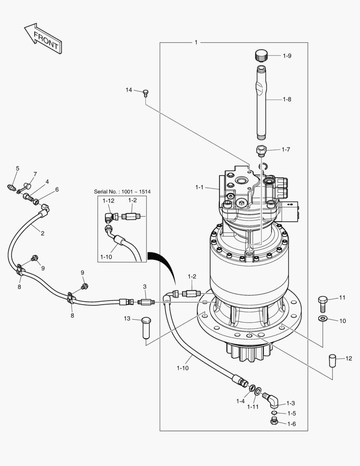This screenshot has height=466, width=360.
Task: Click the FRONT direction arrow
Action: coord(44,38)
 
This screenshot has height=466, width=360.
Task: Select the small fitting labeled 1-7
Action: coord(261,151)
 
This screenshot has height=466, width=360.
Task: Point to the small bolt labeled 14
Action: coord(146,93)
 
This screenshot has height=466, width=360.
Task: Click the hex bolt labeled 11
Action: coord(323,303)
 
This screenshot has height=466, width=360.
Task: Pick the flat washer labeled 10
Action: coord(323,319)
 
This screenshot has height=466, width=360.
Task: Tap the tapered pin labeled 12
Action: coord(332,360)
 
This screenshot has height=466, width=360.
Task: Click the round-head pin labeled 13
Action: coord(146,327)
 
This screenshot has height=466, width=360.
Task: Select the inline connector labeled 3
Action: coord(146,302)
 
